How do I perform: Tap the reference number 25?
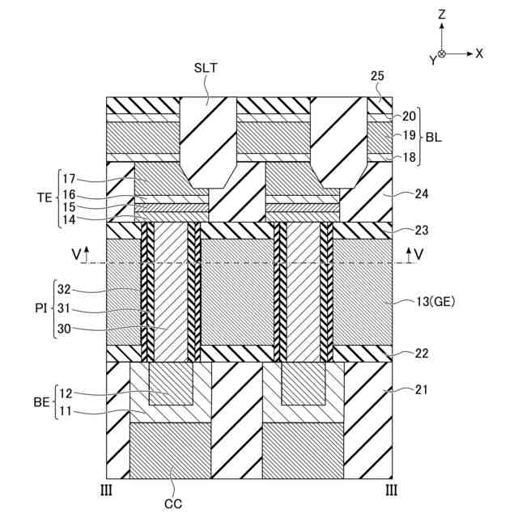pos(377,77)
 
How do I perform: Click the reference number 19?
pos(409,135)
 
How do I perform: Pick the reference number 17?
pos(70,178)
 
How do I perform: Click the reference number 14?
pos(70,218)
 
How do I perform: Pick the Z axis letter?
pos(441,14)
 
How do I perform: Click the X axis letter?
pos(479,53)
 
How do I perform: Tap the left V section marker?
pos(76,254)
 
